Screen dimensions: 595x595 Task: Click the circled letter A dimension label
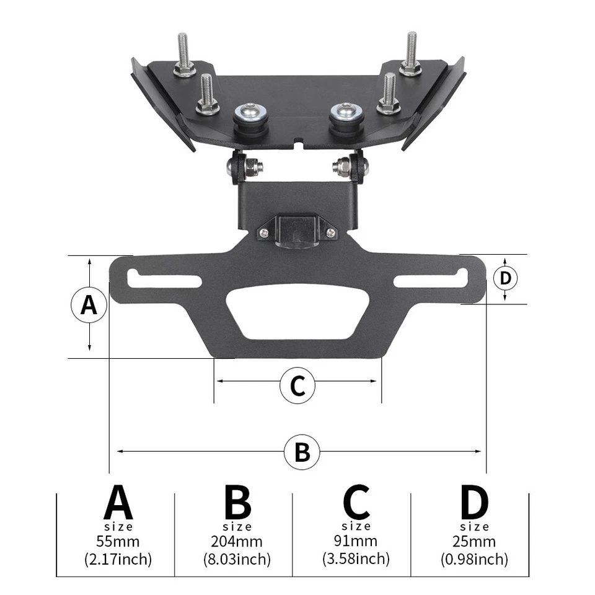[x=89, y=306]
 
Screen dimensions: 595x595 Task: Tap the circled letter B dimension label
[x=302, y=451]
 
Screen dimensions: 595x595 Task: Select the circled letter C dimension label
[x=297, y=386]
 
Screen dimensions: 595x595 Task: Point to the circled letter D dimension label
[x=506, y=278]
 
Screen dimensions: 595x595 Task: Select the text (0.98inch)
[x=475, y=560]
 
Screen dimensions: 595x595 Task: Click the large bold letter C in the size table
[x=356, y=503]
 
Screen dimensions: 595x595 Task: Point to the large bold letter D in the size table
[x=475, y=503]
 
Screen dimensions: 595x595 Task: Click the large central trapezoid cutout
[x=298, y=312]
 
